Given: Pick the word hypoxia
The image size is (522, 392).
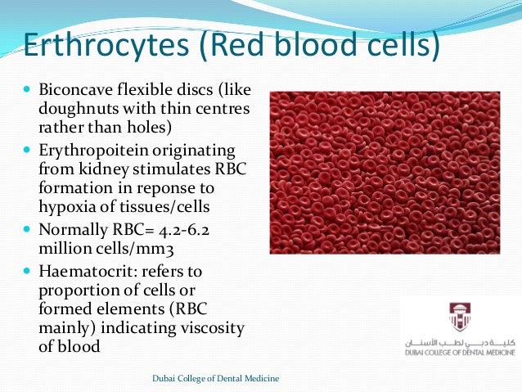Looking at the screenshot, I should point(70,208).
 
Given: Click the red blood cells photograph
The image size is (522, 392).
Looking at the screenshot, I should point(385,172).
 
